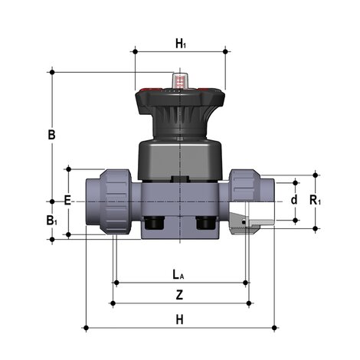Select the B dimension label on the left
pyautogui.click(x=51, y=135)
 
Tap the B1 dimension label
pyautogui.click(x=51, y=221)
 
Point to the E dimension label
pyautogui.click(x=67, y=200)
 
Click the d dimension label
pyautogui.click(x=294, y=200)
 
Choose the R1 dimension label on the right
pyautogui.click(x=316, y=201)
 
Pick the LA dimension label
pyautogui.click(x=178, y=275)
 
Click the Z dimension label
pyautogui.click(x=180, y=295)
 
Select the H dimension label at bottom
pyautogui.click(x=180, y=319)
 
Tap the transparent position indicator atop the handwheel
pyautogui.click(x=180, y=80)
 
